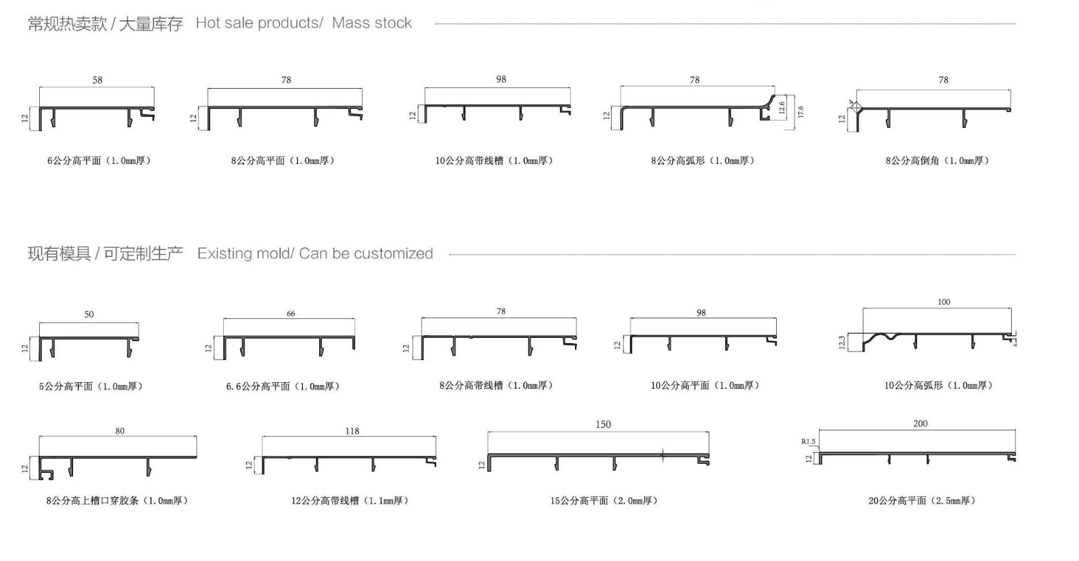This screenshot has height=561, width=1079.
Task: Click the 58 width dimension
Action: pyautogui.click(x=97, y=80)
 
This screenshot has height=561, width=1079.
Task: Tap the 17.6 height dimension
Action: pyautogui.click(x=800, y=112)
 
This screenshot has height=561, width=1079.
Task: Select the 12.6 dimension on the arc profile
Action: pyautogui.click(x=782, y=108)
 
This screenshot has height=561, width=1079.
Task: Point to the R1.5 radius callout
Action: pyautogui.click(x=808, y=442)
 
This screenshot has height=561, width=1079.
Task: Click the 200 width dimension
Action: pyautogui.click(x=920, y=424)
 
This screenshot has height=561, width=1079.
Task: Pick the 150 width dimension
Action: pyautogui.click(x=603, y=424)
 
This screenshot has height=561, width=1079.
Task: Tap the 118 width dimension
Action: pyautogui.click(x=352, y=431)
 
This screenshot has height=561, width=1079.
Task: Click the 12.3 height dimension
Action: pyautogui.click(x=841, y=342)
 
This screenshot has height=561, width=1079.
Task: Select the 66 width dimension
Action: pyautogui.click(x=290, y=314)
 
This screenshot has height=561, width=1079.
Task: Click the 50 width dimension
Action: pyautogui.click(x=89, y=314)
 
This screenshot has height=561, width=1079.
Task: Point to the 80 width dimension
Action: pyautogui.click(x=119, y=431)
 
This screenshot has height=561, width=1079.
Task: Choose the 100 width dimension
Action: pyautogui.click(x=944, y=302)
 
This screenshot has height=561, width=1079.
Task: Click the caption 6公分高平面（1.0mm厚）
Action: pyautogui.click(x=99, y=160)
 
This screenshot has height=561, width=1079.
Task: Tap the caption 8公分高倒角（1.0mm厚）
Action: pyautogui.click(x=937, y=160)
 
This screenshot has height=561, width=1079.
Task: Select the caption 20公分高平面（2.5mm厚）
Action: pyautogui.click(x=922, y=501)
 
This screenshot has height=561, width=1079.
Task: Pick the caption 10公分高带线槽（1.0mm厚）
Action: pyautogui.click(x=494, y=160)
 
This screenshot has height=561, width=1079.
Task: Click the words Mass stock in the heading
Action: pyautogui.click(x=372, y=23)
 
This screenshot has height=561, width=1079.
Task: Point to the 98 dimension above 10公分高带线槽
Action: pyautogui.click(x=501, y=79)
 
